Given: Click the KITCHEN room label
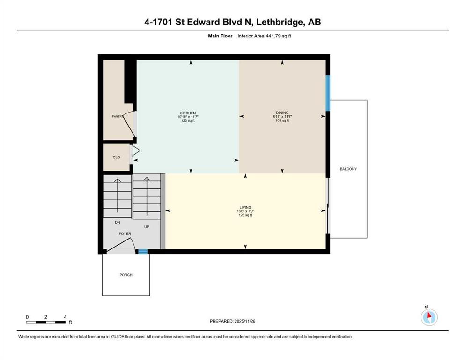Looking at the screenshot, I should tap(188, 113).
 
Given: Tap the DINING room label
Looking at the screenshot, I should tap(282, 113).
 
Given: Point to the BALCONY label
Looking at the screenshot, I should tap(348, 169).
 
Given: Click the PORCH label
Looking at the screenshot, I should tap(125, 275).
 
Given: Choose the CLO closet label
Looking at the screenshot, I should tap(116, 157).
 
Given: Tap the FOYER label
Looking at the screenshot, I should tap(125, 233).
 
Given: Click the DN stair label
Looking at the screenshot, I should tap(118, 223).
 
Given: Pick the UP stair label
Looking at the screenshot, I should tap(147, 227).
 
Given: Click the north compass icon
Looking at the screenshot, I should tap(429, 317).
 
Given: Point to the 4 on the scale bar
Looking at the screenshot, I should tap(65, 317).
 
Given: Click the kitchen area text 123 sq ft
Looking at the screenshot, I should tap(188, 121).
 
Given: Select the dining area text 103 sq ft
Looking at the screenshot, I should tap(282, 121).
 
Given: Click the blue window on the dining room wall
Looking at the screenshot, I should tap(328, 88).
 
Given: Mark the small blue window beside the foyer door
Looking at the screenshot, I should tap(142, 252).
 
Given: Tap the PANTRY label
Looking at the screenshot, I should tap(117, 116).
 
